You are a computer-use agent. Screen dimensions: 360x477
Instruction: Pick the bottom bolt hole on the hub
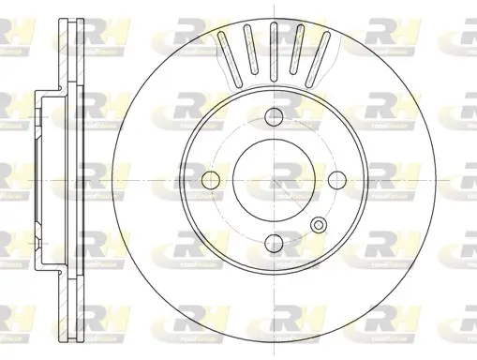pos(275,240)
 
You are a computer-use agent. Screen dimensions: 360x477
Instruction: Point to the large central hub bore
pos(275,177)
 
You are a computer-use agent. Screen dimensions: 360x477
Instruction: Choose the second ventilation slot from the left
pos(250,49)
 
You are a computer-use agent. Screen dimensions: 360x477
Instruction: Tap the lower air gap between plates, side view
pos(67,300)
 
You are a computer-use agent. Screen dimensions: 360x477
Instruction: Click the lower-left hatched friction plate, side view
pos(61,300)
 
